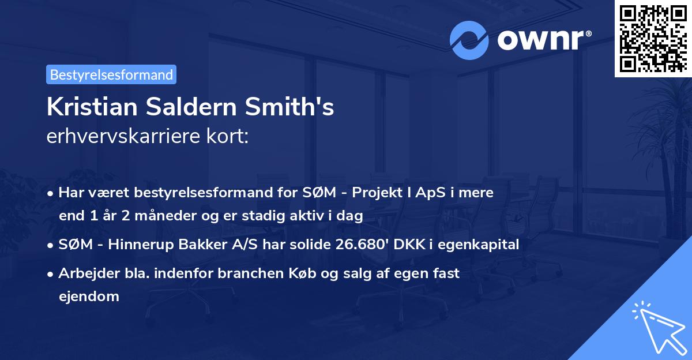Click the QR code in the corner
click(653, 38)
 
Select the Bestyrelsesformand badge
click(111, 74)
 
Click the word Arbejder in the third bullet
click(84, 273)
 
